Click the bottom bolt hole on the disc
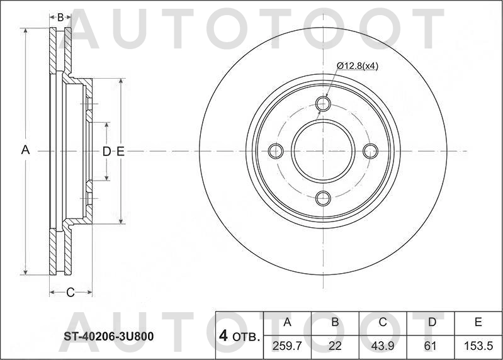coord(323,198)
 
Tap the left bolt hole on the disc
coord(276,151)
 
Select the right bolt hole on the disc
coord(371,151)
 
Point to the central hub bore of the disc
coord(323,151)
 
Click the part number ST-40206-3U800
coord(108,336)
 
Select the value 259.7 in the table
coord(287,346)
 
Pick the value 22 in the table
coord(335,346)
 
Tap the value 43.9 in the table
coord(383,346)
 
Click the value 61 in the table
coord(431,346)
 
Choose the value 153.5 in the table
coord(478,346)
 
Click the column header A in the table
coord(287,322)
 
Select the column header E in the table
coord(478,322)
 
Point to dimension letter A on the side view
coord(26,150)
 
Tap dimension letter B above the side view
coord(60,18)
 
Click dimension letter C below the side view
coord(71,292)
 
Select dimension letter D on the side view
coord(106,151)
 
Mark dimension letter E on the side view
coord(120,151)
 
